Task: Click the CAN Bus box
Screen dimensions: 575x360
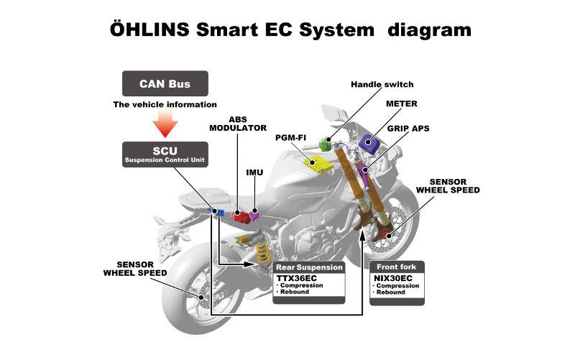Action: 165,83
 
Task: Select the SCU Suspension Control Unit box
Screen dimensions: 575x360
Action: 165,154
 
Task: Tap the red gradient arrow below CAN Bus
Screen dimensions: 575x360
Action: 165,124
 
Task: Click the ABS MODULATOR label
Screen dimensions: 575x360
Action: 238,124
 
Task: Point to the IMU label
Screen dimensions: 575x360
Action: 254,172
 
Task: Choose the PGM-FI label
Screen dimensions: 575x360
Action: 290,137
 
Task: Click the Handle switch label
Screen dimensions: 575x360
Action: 382,84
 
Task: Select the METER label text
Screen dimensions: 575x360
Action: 402,103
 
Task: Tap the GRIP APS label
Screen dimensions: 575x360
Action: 408,129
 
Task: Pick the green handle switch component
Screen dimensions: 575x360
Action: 325,144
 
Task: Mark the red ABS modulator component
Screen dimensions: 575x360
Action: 241,217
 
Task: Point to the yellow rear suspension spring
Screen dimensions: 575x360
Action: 262,253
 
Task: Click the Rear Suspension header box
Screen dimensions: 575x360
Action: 309,267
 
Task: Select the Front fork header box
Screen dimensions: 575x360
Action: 397,267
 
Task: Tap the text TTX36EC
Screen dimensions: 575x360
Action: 297,278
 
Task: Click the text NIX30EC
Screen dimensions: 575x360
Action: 393,278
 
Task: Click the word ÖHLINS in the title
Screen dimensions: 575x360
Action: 149,29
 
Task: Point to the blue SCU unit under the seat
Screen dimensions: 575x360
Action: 216,212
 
